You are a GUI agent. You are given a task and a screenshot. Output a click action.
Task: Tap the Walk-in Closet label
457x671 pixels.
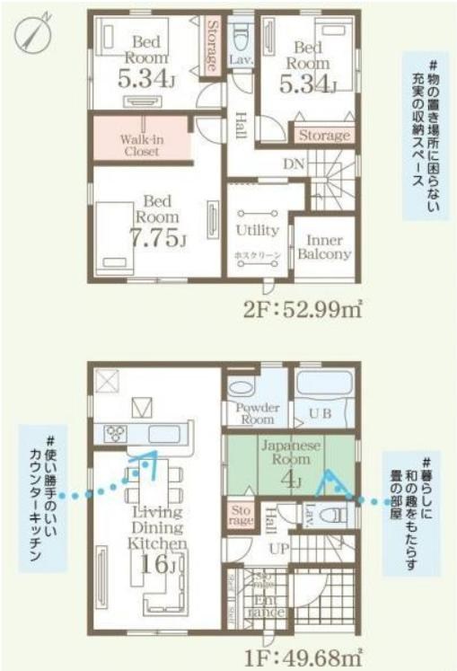[x=140, y=146]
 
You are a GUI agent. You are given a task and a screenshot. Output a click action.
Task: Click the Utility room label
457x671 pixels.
[x=258, y=231]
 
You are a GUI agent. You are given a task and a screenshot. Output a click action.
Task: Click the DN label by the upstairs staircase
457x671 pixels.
[x=293, y=163]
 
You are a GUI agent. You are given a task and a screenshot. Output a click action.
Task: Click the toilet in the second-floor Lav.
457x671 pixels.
[x=241, y=39]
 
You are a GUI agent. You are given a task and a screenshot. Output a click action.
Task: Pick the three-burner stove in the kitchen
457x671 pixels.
[x=117, y=434]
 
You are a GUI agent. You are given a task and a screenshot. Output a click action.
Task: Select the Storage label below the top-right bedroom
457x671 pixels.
[x=323, y=136]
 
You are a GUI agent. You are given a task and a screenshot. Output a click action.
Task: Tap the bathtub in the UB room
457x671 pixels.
[x=326, y=387]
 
